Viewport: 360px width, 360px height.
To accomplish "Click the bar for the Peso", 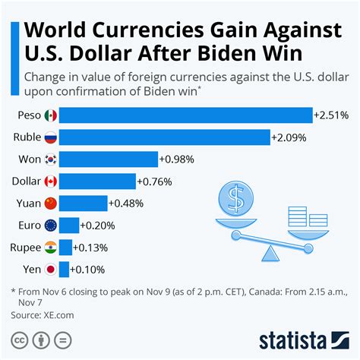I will pyautogui.click(x=185, y=115).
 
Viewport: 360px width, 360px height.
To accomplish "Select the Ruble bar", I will pyautogui.click(x=164, y=137).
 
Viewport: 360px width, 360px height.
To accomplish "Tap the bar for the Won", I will pyautogui.click(x=108, y=159).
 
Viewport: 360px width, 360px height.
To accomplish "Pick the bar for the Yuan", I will pyautogui.click(x=83, y=204).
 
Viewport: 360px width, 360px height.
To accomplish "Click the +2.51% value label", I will pyautogui.click(x=331, y=115).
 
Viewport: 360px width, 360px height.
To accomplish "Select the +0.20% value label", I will pyautogui.click(x=97, y=226).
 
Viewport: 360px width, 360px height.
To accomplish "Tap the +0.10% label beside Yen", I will pyautogui.click(x=87, y=270).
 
